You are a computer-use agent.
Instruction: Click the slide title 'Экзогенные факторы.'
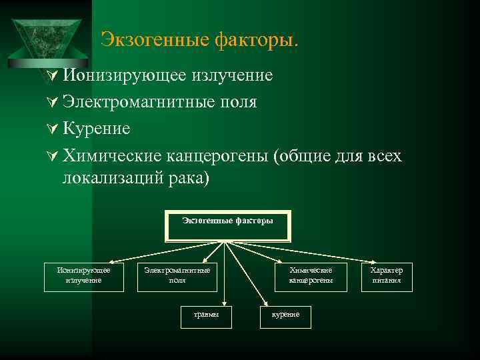[199, 41]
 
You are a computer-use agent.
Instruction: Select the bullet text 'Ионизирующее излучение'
[167, 75]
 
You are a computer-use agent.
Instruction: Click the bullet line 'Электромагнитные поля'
[159, 102]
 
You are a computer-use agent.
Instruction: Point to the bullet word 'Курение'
[96, 128]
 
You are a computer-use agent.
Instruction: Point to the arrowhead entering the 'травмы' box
[224, 305]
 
